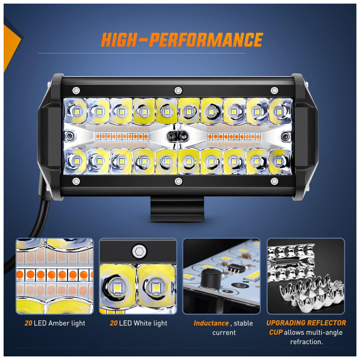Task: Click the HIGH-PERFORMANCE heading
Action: pyautogui.click(x=182, y=40)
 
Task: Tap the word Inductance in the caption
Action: pyautogui.click(x=211, y=323)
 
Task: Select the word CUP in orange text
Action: pyautogui.click(x=275, y=332)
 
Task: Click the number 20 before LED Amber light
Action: pyautogui.click(x=28, y=323)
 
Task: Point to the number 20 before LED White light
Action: pyautogui.click(x=114, y=323)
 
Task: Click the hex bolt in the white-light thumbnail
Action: pyautogui.click(x=139, y=251)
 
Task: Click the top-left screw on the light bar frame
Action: pyautogui.click(x=76, y=90)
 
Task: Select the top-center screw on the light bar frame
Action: pyautogui.click(x=178, y=90)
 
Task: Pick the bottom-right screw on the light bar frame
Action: pyautogui.click(x=274, y=181)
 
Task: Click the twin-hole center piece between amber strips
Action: pyautogui.click(x=177, y=136)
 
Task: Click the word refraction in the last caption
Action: pyautogui.click(x=306, y=342)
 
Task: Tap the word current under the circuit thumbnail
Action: pyautogui.click(x=224, y=332)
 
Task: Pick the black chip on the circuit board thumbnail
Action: pyautogui.click(x=234, y=268)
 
